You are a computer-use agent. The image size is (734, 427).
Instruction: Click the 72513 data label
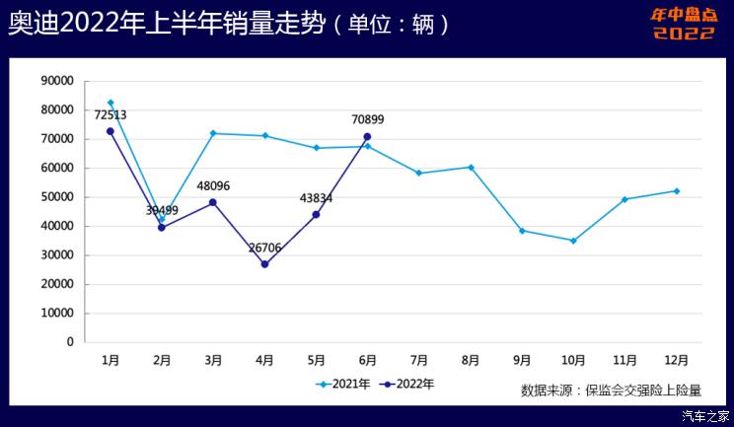(110, 114)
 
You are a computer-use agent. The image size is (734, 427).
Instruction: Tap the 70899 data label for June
(367, 119)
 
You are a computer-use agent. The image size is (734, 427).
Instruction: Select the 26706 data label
(264, 248)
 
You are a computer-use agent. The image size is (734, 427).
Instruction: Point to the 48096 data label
(212, 185)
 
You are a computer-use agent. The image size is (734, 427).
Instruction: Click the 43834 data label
(316, 198)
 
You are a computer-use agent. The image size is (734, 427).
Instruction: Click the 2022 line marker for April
(264, 264)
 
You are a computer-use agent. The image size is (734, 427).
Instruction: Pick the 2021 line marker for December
(676, 190)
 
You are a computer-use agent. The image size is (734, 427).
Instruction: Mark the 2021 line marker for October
(573, 241)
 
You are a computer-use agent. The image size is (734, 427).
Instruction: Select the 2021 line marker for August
(471, 167)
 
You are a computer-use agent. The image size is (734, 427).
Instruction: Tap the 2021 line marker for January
(110, 103)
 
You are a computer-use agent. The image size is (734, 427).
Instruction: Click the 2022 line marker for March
(213, 202)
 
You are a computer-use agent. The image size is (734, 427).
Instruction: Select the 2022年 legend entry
(408, 384)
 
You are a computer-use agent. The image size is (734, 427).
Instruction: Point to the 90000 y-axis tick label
(57, 81)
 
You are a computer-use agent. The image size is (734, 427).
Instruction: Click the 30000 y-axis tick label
(57, 255)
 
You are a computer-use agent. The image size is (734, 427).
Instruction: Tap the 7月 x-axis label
(418, 361)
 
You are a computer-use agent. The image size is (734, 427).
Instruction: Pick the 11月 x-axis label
(624, 361)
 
